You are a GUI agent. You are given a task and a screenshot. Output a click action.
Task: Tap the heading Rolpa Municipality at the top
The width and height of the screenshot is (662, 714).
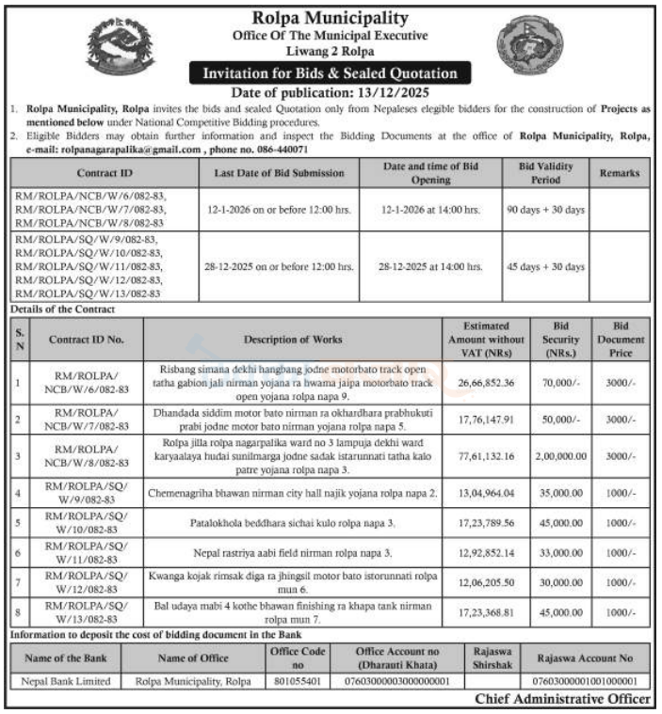(x=331, y=18)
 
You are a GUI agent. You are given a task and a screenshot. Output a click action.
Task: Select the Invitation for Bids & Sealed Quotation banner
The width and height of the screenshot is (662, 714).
(x=331, y=73)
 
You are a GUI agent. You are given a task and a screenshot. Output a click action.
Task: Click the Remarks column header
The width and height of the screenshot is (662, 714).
(x=619, y=172)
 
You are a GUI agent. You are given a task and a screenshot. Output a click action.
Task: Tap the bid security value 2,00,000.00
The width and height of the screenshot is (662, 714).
(x=561, y=457)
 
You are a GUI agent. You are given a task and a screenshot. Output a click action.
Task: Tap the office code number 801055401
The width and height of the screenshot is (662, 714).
(x=298, y=681)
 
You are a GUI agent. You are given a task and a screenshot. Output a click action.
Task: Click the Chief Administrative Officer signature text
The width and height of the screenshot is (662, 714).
(x=562, y=699)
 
